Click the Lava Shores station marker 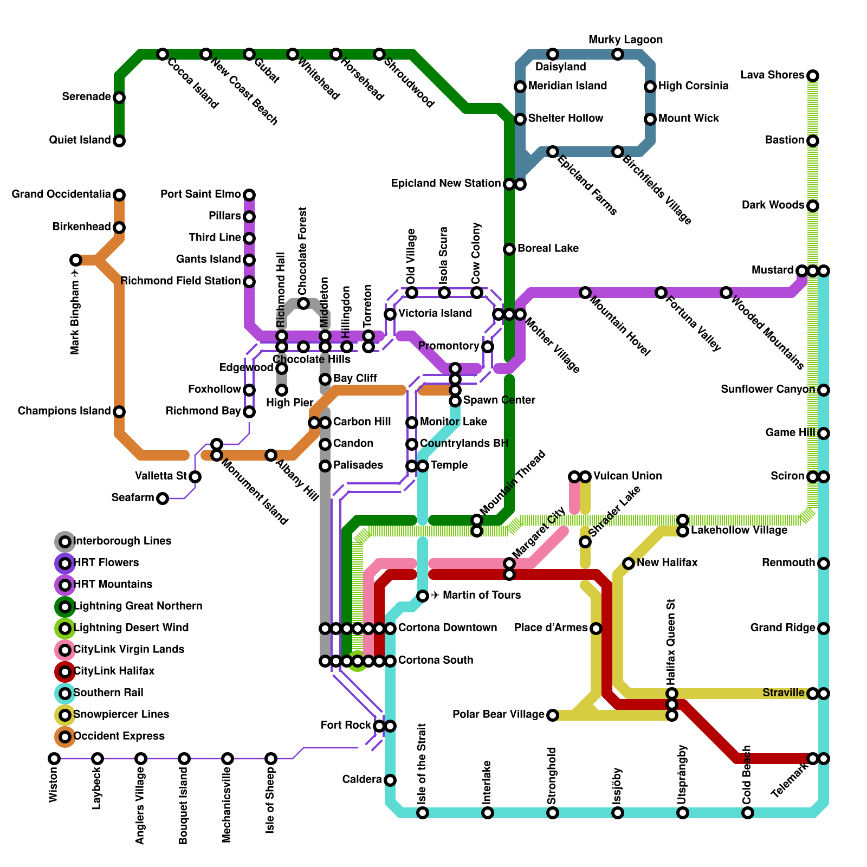click(x=812, y=76)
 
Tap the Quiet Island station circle click(x=119, y=141)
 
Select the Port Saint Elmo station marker click(x=249, y=195)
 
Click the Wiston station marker click(x=54, y=758)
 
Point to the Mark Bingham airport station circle click(x=76, y=260)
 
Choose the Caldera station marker click(x=390, y=780)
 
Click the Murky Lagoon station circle click(x=618, y=54)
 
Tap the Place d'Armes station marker click(x=596, y=629)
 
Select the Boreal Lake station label click(x=548, y=249)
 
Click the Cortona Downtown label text click(x=448, y=628)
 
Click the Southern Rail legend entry click(x=108, y=693)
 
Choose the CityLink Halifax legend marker click(x=65, y=672)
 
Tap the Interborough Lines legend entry click(x=122, y=541)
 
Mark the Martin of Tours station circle click(x=423, y=596)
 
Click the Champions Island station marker click(x=119, y=412)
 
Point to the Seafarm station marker click(x=163, y=499)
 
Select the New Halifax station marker click(x=629, y=564)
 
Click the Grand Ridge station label click(x=782, y=628)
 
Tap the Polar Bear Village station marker click(x=552, y=715)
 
